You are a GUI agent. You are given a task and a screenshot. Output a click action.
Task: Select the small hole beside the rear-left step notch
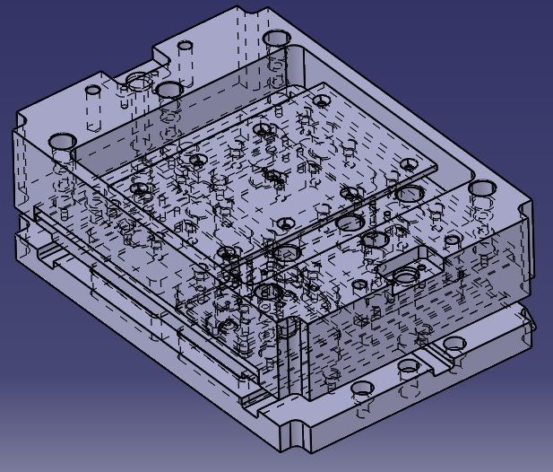tap(185, 45)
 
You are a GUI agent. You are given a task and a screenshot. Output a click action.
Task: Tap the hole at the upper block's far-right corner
tap(482, 188)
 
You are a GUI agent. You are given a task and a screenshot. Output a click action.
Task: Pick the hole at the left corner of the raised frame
tap(62, 142)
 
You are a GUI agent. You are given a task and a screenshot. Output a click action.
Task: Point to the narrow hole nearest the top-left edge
tap(92, 92)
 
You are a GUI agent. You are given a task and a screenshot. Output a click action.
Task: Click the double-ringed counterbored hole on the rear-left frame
tap(138, 82)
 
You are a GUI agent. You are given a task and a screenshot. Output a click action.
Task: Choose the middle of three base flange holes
tap(409, 367)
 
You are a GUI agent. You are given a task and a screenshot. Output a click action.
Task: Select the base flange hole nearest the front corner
tap(363, 389)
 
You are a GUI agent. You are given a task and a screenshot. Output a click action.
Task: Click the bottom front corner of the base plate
tap(292, 447)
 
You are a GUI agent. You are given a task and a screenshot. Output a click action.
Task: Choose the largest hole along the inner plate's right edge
tap(350, 222)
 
